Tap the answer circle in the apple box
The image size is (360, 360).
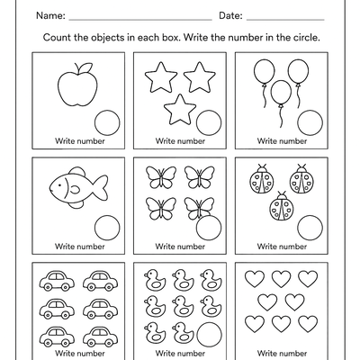pos(106,121)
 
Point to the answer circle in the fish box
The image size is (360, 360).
pos(106,226)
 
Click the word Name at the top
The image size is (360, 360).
pos(49,15)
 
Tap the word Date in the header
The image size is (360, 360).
pos(231,15)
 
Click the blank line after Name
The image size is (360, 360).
pos(139,19)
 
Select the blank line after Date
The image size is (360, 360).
pos(285,19)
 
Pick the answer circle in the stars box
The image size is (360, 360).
pos(209,122)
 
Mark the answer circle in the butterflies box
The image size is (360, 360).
pos(209,227)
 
